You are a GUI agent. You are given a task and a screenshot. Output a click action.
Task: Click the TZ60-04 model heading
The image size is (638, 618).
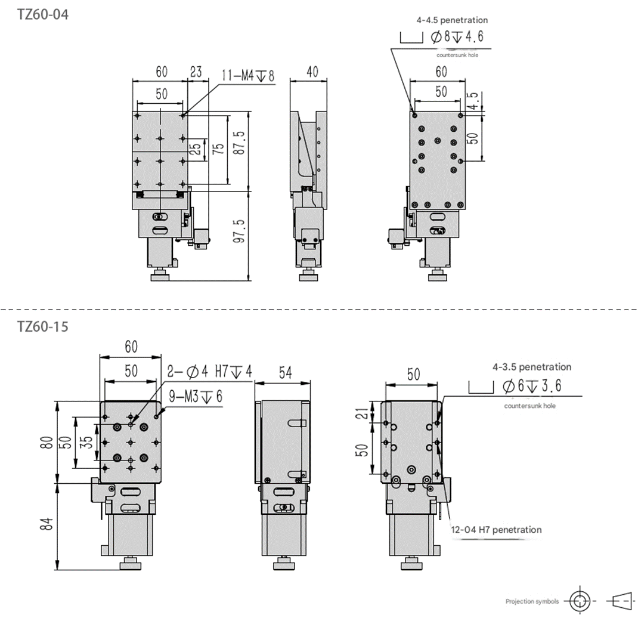(x=43, y=15)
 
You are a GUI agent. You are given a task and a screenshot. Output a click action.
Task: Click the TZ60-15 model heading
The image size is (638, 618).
(x=43, y=326)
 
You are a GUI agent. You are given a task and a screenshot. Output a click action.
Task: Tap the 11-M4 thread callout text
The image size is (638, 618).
(x=248, y=76)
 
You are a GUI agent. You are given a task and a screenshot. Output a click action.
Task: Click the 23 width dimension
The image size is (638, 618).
(x=196, y=72)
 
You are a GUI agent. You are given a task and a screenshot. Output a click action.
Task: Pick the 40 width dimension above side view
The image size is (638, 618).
(x=312, y=72)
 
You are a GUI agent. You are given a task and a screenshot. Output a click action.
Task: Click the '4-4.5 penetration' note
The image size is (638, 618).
(x=451, y=20)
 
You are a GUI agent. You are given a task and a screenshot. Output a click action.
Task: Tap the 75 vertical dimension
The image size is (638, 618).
(x=218, y=148)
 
